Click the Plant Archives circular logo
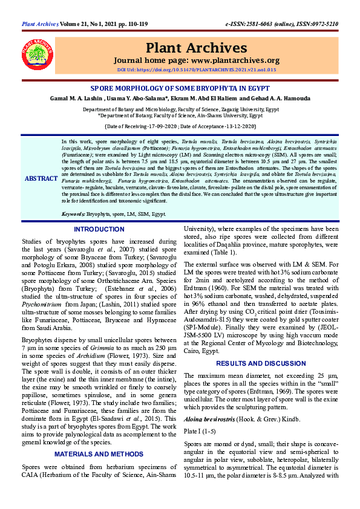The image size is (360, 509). [38, 55]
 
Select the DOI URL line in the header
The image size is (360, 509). [197, 70]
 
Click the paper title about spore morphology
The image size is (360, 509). [180, 87]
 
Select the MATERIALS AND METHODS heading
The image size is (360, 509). [99, 453]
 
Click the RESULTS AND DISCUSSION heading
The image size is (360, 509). [261, 363]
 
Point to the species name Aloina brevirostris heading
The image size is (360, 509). [209, 418]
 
